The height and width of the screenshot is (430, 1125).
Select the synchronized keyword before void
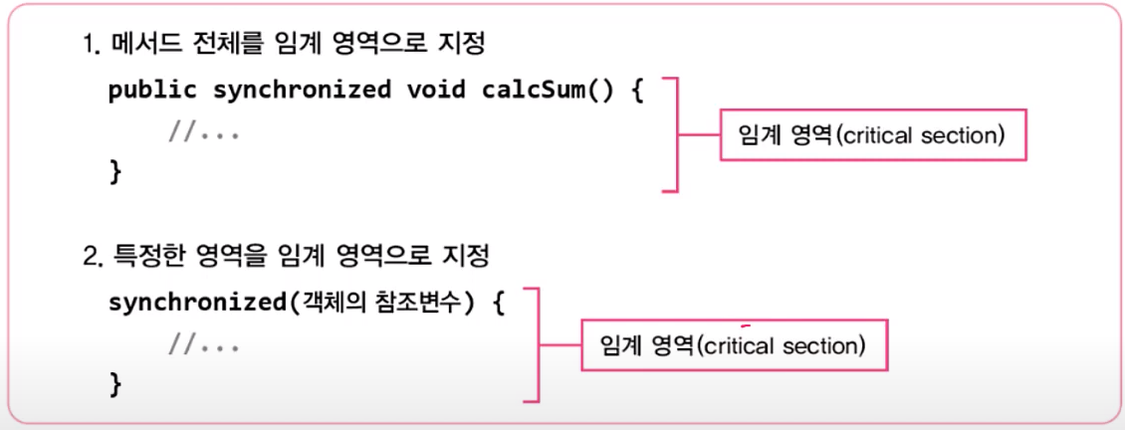click(302, 90)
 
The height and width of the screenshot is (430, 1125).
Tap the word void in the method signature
click(435, 90)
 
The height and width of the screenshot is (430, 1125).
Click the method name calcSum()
click(542, 90)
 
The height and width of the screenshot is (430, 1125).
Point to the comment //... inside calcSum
click(204, 131)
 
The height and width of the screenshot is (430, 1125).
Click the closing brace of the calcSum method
click(115, 171)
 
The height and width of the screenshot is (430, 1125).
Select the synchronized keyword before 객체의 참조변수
click(196, 303)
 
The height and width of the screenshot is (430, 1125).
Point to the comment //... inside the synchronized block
click(204, 344)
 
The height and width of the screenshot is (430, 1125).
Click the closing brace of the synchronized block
click(115, 383)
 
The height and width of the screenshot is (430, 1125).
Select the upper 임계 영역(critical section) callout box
click(872, 135)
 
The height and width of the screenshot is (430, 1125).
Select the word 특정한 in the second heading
click(145, 258)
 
